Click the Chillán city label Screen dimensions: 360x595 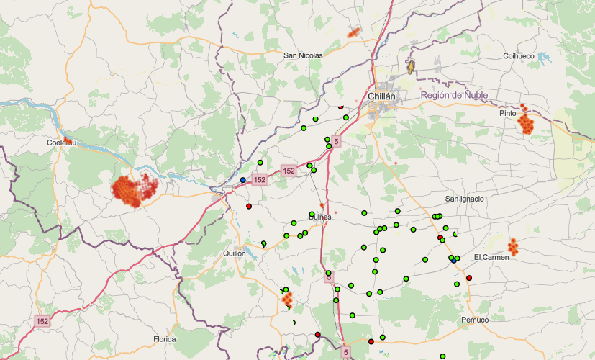pyautogui.click(x=382, y=96)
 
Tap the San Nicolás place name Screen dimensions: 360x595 pyautogui.click(x=303, y=55)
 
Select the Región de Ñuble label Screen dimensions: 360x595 pyautogui.click(x=454, y=95)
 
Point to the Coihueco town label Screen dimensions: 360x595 pyautogui.click(x=519, y=55)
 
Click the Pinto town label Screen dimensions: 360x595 pyautogui.click(x=508, y=113)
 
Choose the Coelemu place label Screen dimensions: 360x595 pyautogui.click(x=61, y=143)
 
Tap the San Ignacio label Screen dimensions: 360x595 pyautogui.click(x=464, y=199)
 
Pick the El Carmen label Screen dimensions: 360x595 pyautogui.click(x=491, y=257)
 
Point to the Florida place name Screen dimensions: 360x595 pyautogui.click(x=164, y=338)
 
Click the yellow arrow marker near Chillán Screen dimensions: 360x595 pyautogui.click(x=411, y=68)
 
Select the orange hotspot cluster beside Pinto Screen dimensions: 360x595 pyautogui.click(x=527, y=122)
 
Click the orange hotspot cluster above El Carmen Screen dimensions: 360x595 pyautogui.click(x=514, y=246)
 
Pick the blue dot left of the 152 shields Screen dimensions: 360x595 pyautogui.click(x=243, y=179)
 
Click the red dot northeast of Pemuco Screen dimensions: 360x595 pyautogui.click(x=469, y=278)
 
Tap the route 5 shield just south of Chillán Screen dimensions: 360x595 pyautogui.click(x=336, y=143)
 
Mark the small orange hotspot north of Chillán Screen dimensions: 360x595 pyautogui.click(x=353, y=32)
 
